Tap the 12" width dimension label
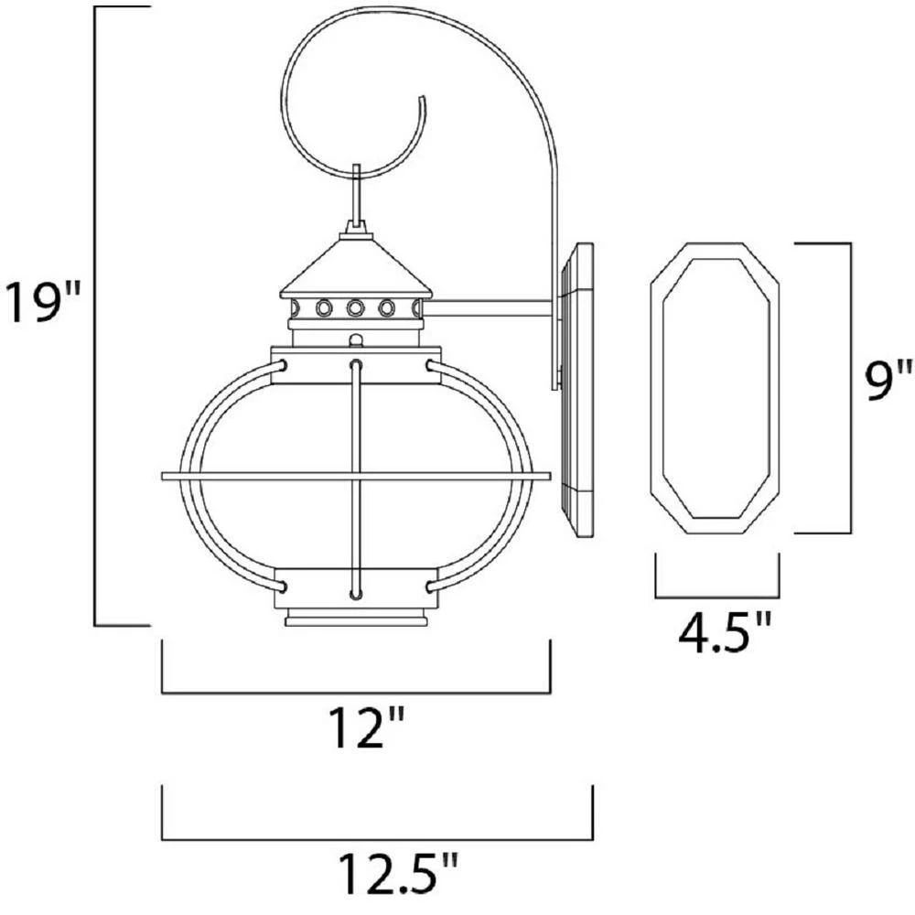click(x=368, y=727)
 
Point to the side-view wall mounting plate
click(x=576, y=391)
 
